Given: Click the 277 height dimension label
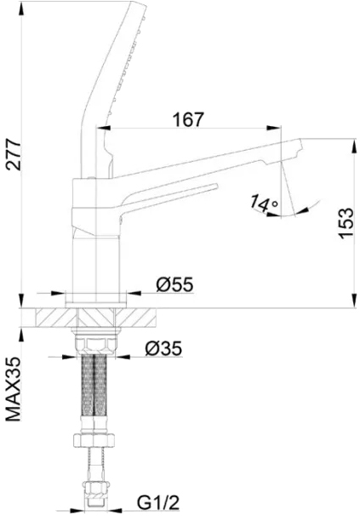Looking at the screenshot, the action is coord(14,155).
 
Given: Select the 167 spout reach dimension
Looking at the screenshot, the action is coord(189,119).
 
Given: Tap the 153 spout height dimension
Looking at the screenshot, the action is coord(346,223).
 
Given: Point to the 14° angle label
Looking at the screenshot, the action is coord(264,203).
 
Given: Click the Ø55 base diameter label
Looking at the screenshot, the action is coord(174,284).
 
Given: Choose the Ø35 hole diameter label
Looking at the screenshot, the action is coord(163,348).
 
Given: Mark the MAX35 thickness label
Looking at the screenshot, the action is coord(14,389).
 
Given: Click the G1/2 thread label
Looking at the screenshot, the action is coord(158,502).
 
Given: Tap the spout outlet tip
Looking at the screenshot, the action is coord(300,146).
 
